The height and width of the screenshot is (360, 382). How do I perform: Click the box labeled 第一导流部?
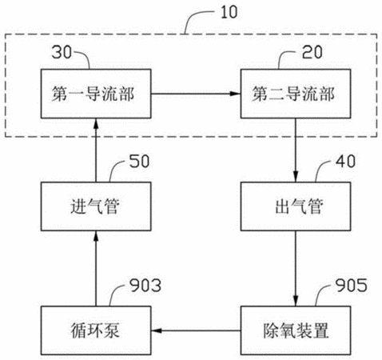coord(96,94)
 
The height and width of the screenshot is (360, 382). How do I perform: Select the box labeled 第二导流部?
coord(296,94)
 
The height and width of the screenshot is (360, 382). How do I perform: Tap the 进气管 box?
coord(96,206)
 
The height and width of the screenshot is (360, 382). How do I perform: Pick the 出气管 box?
coord(296,206)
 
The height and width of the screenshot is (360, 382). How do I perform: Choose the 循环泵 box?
coord(96,330)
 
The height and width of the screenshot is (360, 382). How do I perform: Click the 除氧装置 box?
coord(296,330)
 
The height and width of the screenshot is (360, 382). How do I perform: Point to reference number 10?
coord(229,12)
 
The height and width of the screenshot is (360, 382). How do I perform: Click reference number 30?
coord(62,52)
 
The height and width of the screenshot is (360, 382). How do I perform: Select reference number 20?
coord(312,52)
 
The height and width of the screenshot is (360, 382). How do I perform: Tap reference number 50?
coord(139,162)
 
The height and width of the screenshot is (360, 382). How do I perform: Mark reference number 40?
coord(345,162)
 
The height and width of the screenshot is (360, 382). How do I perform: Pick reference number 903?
coord(145,286)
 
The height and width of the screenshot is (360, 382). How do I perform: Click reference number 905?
coord(351,286)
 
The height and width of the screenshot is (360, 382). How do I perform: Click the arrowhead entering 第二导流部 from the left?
coord(236,94)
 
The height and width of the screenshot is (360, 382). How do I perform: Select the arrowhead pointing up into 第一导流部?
coord(96,124)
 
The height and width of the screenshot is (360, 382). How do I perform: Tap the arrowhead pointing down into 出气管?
coord(296,177)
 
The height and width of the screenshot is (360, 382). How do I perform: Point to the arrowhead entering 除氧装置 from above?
coord(296,301)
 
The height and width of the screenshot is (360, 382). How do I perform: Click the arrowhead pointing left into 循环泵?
coord(157,331)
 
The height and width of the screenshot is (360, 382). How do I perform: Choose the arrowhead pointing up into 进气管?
coord(96,236)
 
